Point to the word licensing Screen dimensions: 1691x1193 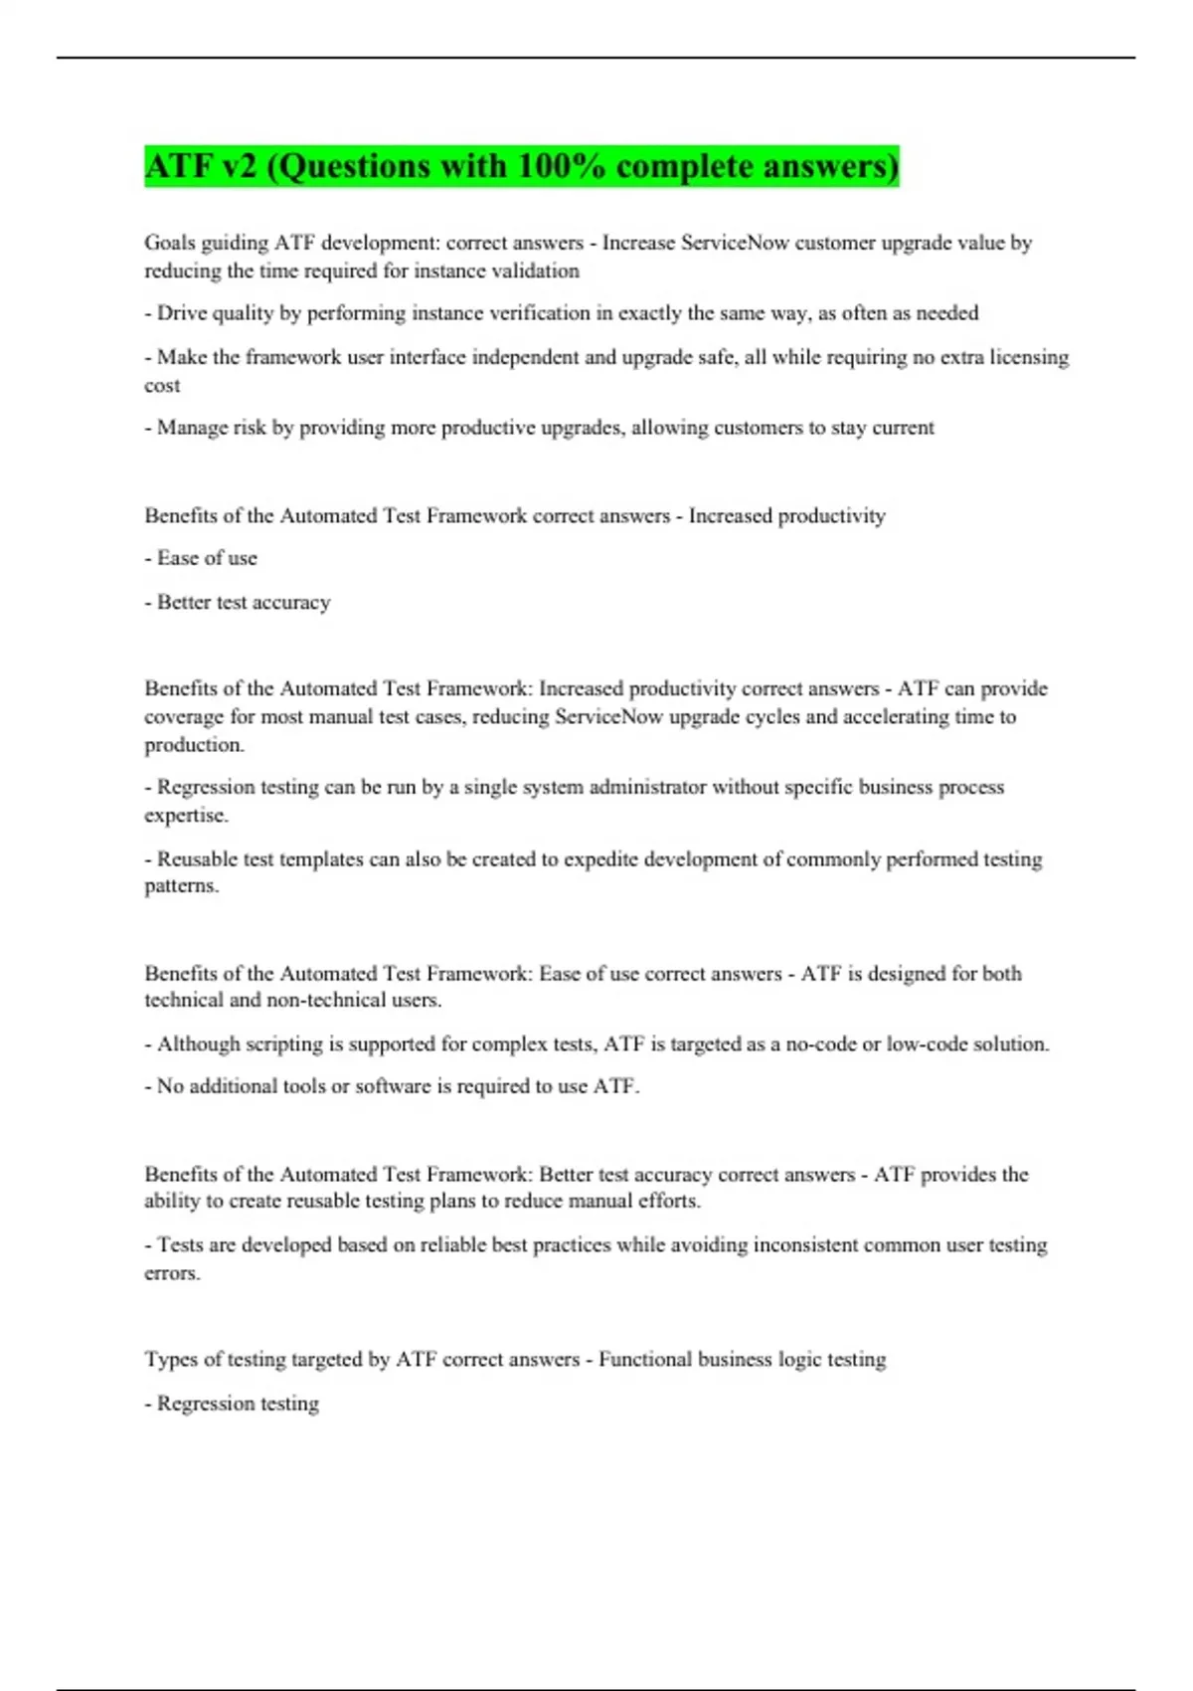(1029, 357)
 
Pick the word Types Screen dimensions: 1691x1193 (171, 1360)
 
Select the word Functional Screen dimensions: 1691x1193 (645, 1360)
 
